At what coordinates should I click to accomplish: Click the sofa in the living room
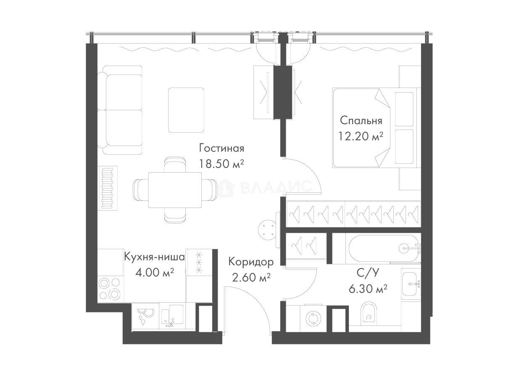click(122, 109)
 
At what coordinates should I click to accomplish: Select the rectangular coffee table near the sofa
click(187, 111)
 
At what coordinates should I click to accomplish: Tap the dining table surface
click(175, 190)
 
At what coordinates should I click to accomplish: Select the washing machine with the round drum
click(313, 318)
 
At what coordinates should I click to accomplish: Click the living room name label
click(221, 149)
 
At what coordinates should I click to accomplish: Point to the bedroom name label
click(361, 120)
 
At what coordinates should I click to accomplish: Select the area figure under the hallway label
click(251, 277)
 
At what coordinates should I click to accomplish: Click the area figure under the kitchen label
click(154, 274)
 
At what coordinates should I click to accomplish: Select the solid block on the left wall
click(108, 188)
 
